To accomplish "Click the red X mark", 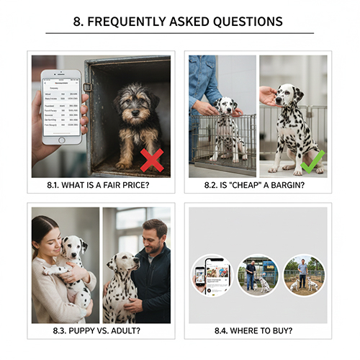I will point(151,160).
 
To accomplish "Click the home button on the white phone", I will point(61,140).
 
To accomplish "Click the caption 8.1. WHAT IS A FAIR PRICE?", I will point(100,185).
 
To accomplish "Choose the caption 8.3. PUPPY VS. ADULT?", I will point(101,330).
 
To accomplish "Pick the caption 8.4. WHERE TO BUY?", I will point(258,330).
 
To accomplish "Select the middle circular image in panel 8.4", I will point(257,274).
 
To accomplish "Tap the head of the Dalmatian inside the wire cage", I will point(227,108).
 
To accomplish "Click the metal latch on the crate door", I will point(88,87).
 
